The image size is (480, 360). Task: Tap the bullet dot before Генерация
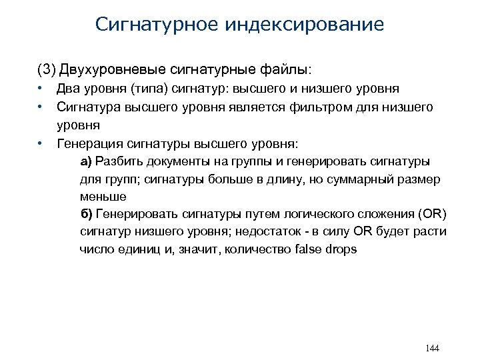point(41,142)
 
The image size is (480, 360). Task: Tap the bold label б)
point(87,214)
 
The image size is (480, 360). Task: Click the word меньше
point(103,197)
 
